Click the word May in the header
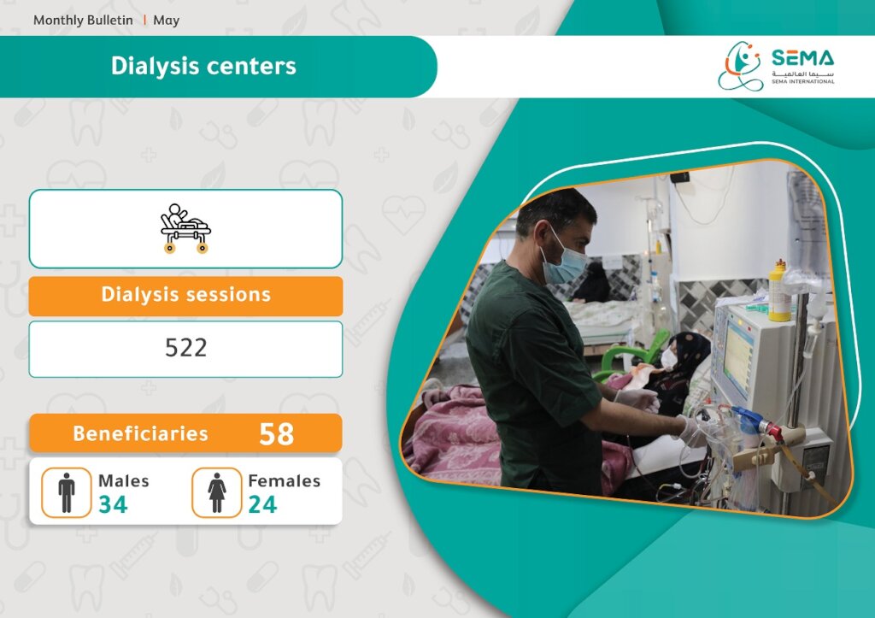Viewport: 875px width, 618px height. click(167, 21)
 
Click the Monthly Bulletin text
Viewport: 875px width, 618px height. click(83, 21)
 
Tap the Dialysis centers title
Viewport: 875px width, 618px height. click(203, 66)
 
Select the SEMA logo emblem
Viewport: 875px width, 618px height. click(740, 66)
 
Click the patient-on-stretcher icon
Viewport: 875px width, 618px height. click(185, 228)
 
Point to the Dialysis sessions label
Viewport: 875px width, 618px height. click(185, 294)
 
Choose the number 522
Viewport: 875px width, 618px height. click(185, 348)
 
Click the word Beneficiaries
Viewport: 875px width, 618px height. click(141, 433)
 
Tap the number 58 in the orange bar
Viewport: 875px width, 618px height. click(276, 433)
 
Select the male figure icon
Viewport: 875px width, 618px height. click(67, 492)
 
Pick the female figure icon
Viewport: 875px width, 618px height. click(216, 492)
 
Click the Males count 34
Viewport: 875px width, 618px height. click(114, 504)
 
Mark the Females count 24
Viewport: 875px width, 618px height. click(262, 504)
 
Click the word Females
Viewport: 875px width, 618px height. click(284, 480)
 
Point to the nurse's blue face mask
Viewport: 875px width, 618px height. click(565, 262)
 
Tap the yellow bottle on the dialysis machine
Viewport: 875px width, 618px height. click(779, 291)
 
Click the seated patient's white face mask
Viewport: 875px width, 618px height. click(668, 358)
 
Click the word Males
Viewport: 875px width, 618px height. click(124, 480)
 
